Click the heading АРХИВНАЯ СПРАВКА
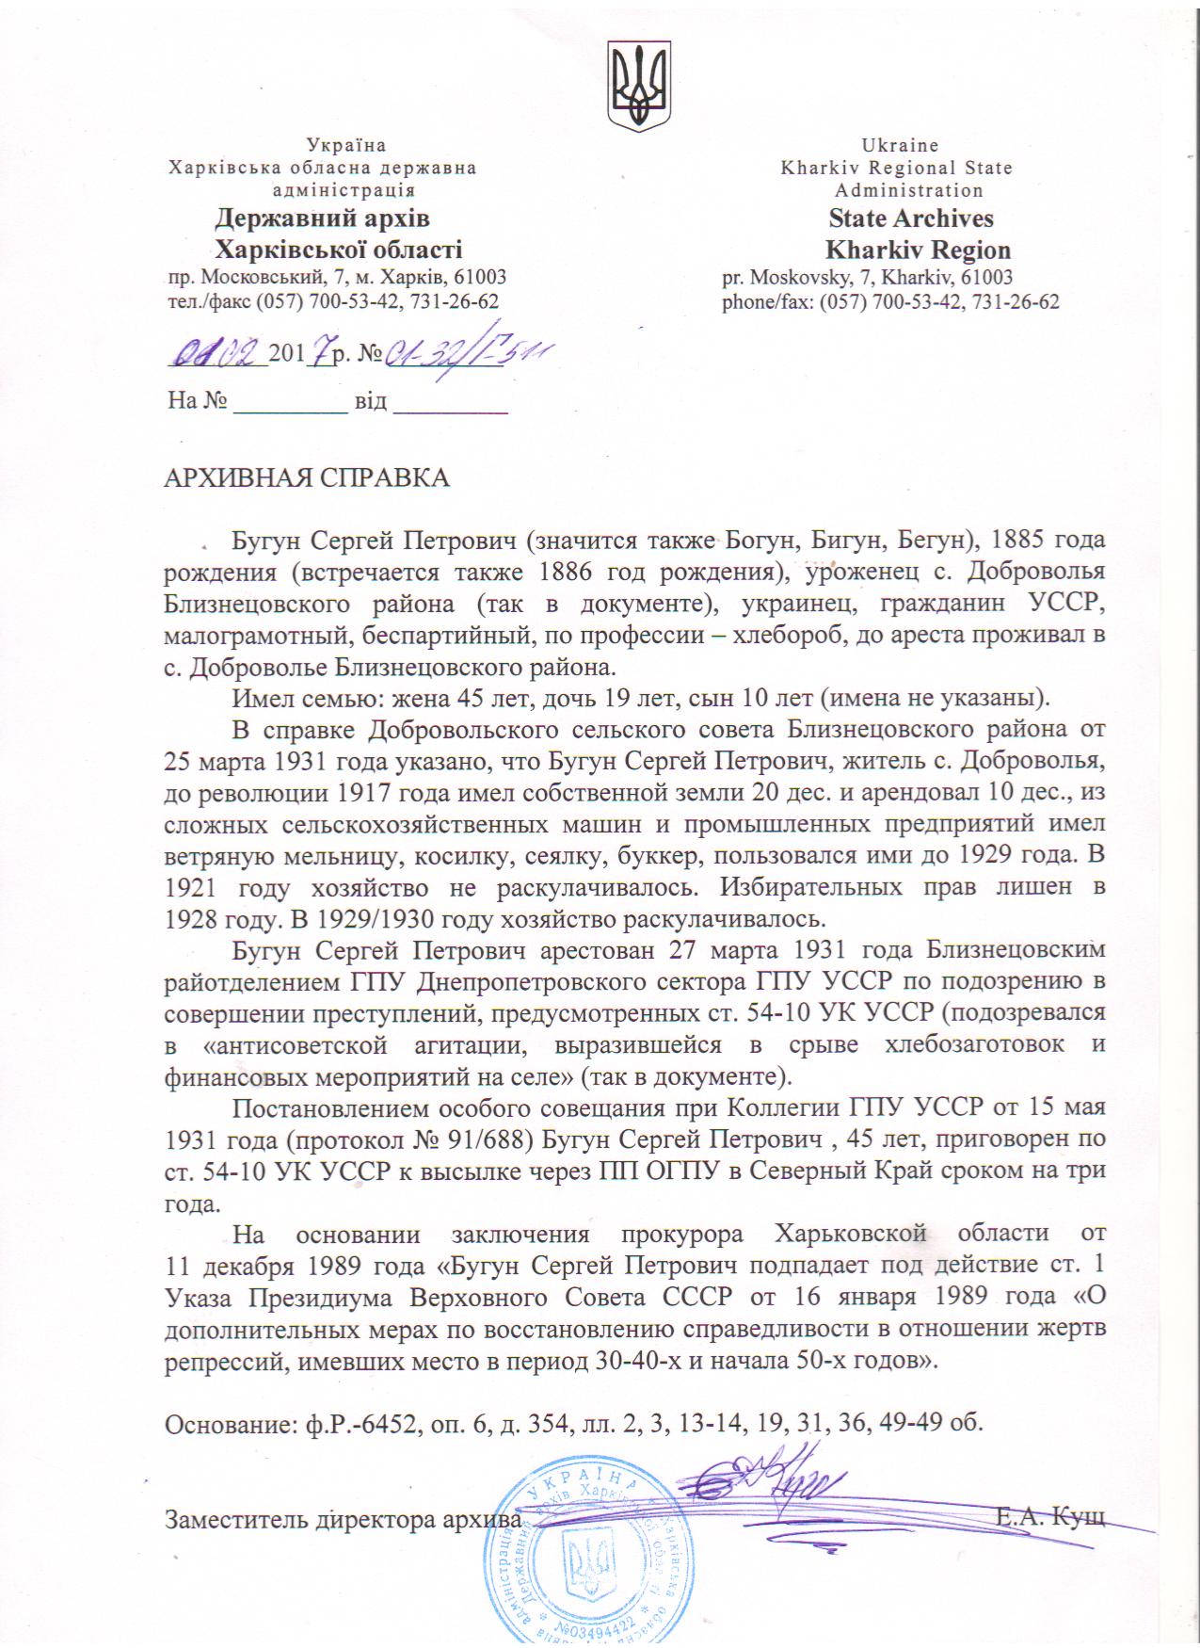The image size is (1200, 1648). pyautogui.click(x=307, y=477)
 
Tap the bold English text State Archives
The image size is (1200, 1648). pyautogui.click(x=910, y=218)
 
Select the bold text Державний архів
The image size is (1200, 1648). pyautogui.click(x=322, y=218)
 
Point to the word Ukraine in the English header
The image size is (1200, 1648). pyautogui.click(x=900, y=145)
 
